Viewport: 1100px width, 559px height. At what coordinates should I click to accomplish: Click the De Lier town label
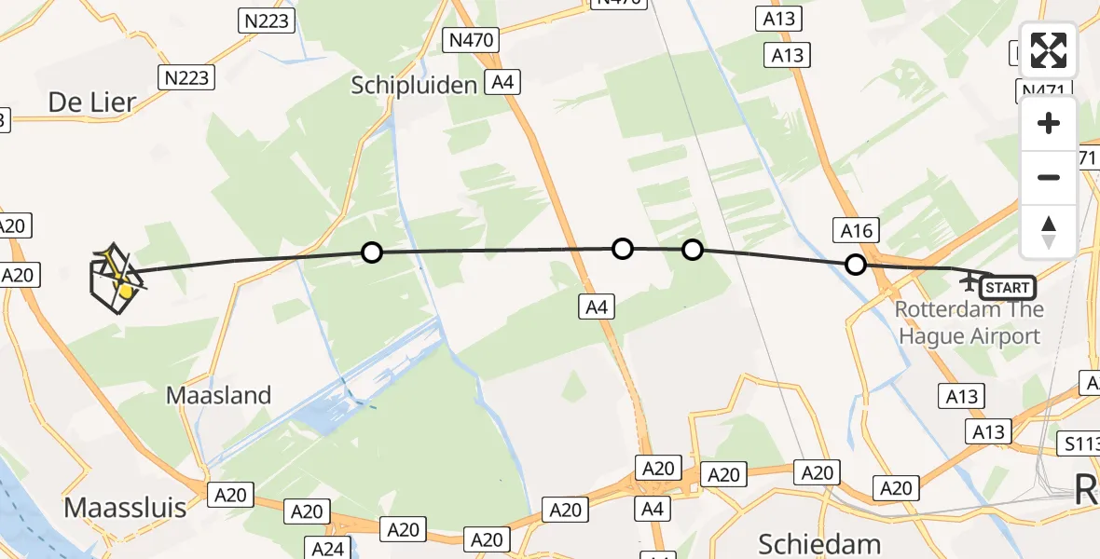[x=91, y=102]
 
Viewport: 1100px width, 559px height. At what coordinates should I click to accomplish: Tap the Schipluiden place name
[x=415, y=85]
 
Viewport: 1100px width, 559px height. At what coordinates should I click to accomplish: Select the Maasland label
[x=218, y=395]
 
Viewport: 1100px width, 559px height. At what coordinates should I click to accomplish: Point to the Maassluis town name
[x=125, y=508]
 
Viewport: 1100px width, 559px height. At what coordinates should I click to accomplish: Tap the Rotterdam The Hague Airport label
[x=969, y=322]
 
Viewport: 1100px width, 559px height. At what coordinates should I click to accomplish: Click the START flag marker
[x=1007, y=287]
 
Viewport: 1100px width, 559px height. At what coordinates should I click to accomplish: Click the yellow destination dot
[x=125, y=293]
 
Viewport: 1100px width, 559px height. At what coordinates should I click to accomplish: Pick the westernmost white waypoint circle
[x=371, y=252]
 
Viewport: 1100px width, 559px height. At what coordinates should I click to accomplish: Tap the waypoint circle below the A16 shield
[x=855, y=265]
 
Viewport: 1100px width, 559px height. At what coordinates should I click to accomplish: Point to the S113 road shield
[x=1081, y=445]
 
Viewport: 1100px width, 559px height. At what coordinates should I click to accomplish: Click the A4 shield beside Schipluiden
[x=502, y=82]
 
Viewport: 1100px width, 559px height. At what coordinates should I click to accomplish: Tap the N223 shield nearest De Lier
[x=187, y=77]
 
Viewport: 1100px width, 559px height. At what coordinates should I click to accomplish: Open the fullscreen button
[x=1049, y=50]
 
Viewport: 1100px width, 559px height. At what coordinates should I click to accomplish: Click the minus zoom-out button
[x=1049, y=177]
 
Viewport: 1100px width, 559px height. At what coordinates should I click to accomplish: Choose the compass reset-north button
[x=1049, y=231]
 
